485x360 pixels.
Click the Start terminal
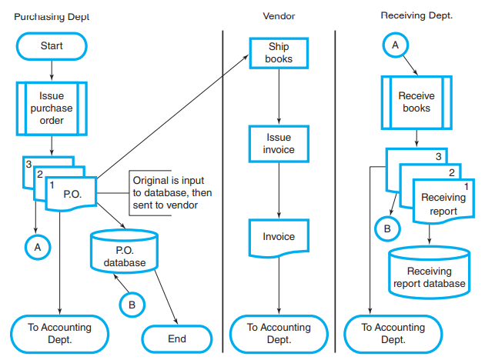click(x=52, y=46)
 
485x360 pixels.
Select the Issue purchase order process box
click(x=52, y=108)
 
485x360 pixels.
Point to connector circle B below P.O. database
click(x=132, y=305)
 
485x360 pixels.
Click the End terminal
click(x=177, y=338)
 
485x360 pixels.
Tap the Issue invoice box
click(x=278, y=143)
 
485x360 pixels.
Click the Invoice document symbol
click(x=278, y=238)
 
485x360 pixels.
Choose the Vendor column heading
click(x=279, y=15)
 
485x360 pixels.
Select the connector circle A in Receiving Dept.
click(x=396, y=45)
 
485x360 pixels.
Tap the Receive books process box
click(x=416, y=102)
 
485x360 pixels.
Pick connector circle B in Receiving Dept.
click(x=387, y=227)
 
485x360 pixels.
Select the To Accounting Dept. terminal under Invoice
click(x=278, y=333)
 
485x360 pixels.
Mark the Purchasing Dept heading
click(x=52, y=15)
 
